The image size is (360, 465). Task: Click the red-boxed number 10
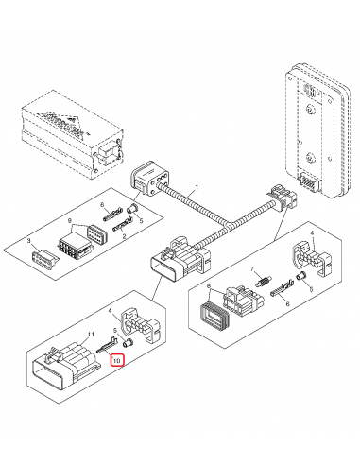click(x=116, y=361)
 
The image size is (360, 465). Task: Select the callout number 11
click(x=91, y=336)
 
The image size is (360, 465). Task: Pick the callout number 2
click(x=125, y=240)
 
